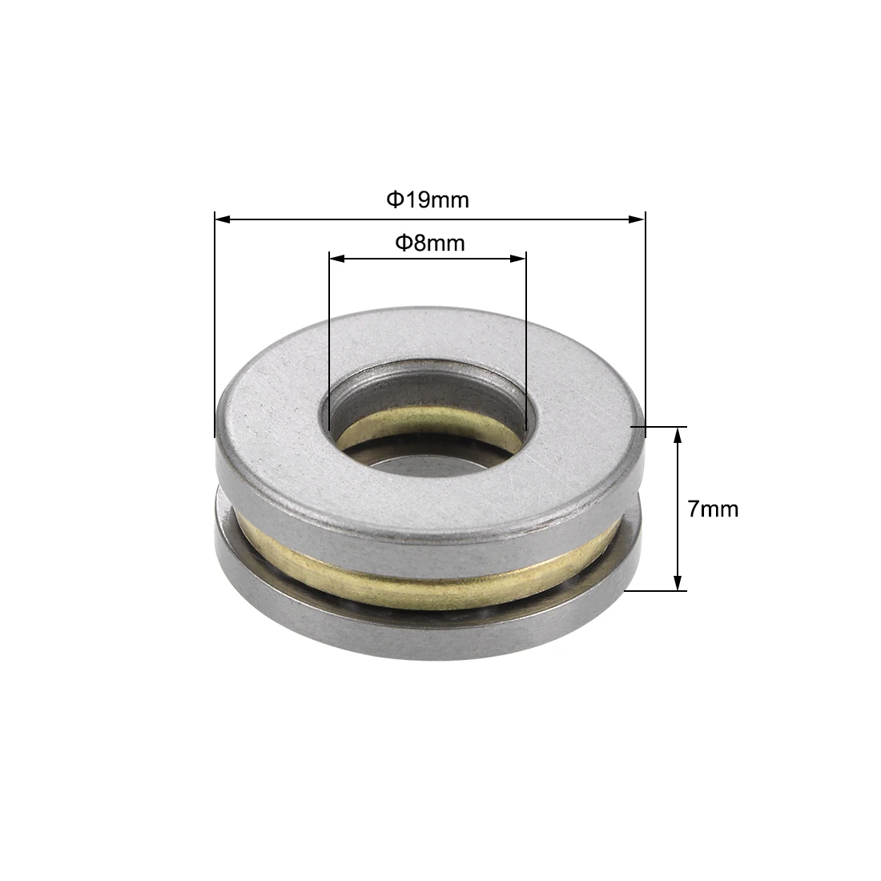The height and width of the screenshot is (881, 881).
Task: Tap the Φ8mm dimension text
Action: pyautogui.click(x=429, y=243)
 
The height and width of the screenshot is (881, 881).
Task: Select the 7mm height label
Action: pyautogui.click(x=713, y=509)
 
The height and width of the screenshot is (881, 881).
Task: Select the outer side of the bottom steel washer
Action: pyautogui.click(x=432, y=641)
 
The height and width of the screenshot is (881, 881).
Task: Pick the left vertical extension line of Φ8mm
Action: pyautogui.click(x=329, y=336)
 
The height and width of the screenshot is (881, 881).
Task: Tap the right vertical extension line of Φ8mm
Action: pyautogui.click(x=526, y=336)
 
